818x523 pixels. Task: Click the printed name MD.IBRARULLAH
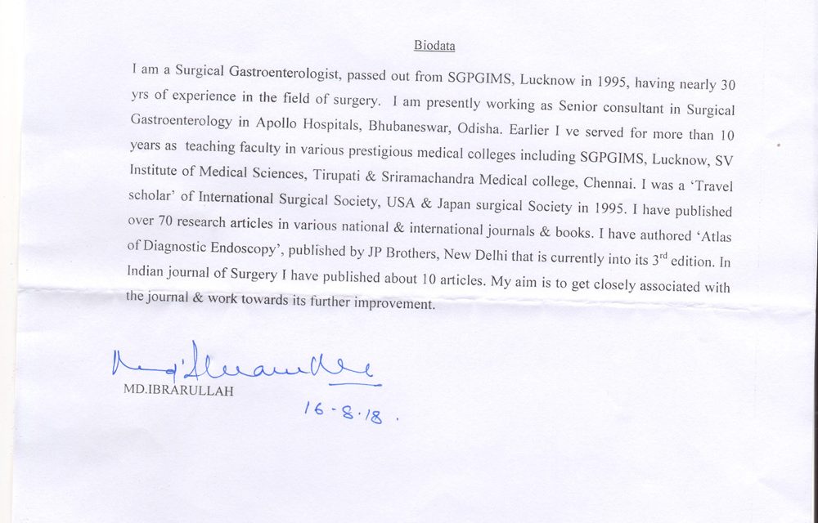pos(178,391)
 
